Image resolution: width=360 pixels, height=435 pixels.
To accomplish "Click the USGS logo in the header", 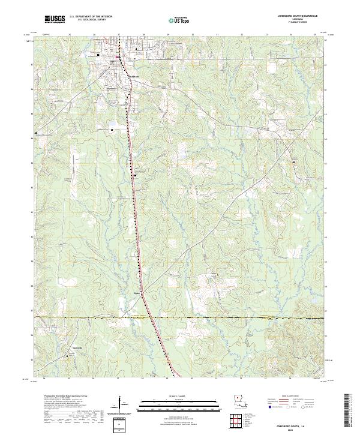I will coord(55,19).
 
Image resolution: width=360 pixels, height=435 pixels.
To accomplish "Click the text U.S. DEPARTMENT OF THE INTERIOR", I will coord(90,17).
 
